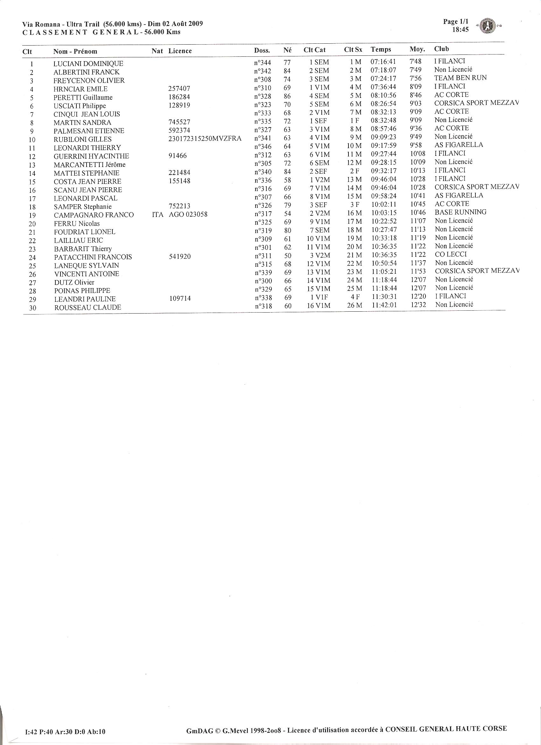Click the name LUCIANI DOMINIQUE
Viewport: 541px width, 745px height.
coord(88,64)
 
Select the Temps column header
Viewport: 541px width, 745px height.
coord(381,50)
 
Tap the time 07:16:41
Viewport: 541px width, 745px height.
coord(383,62)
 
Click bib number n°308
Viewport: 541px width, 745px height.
coord(263,79)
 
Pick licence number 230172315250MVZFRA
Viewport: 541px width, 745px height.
coord(205,139)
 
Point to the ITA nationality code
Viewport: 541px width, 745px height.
coord(158,215)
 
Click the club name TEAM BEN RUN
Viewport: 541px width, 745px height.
coord(460,78)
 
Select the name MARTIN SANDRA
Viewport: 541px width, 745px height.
coord(82,123)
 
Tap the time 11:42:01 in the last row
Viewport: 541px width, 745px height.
coord(384,305)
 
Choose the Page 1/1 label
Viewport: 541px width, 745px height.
coord(456,22)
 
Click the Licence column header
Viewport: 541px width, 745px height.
coord(180,51)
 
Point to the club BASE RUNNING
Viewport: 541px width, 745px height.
coord(460,212)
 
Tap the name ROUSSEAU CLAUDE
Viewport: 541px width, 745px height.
coord(88,307)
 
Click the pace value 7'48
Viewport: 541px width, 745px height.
coord(416,61)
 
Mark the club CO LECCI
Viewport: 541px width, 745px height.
coord(451,254)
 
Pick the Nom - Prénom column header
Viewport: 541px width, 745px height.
coord(75,51)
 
